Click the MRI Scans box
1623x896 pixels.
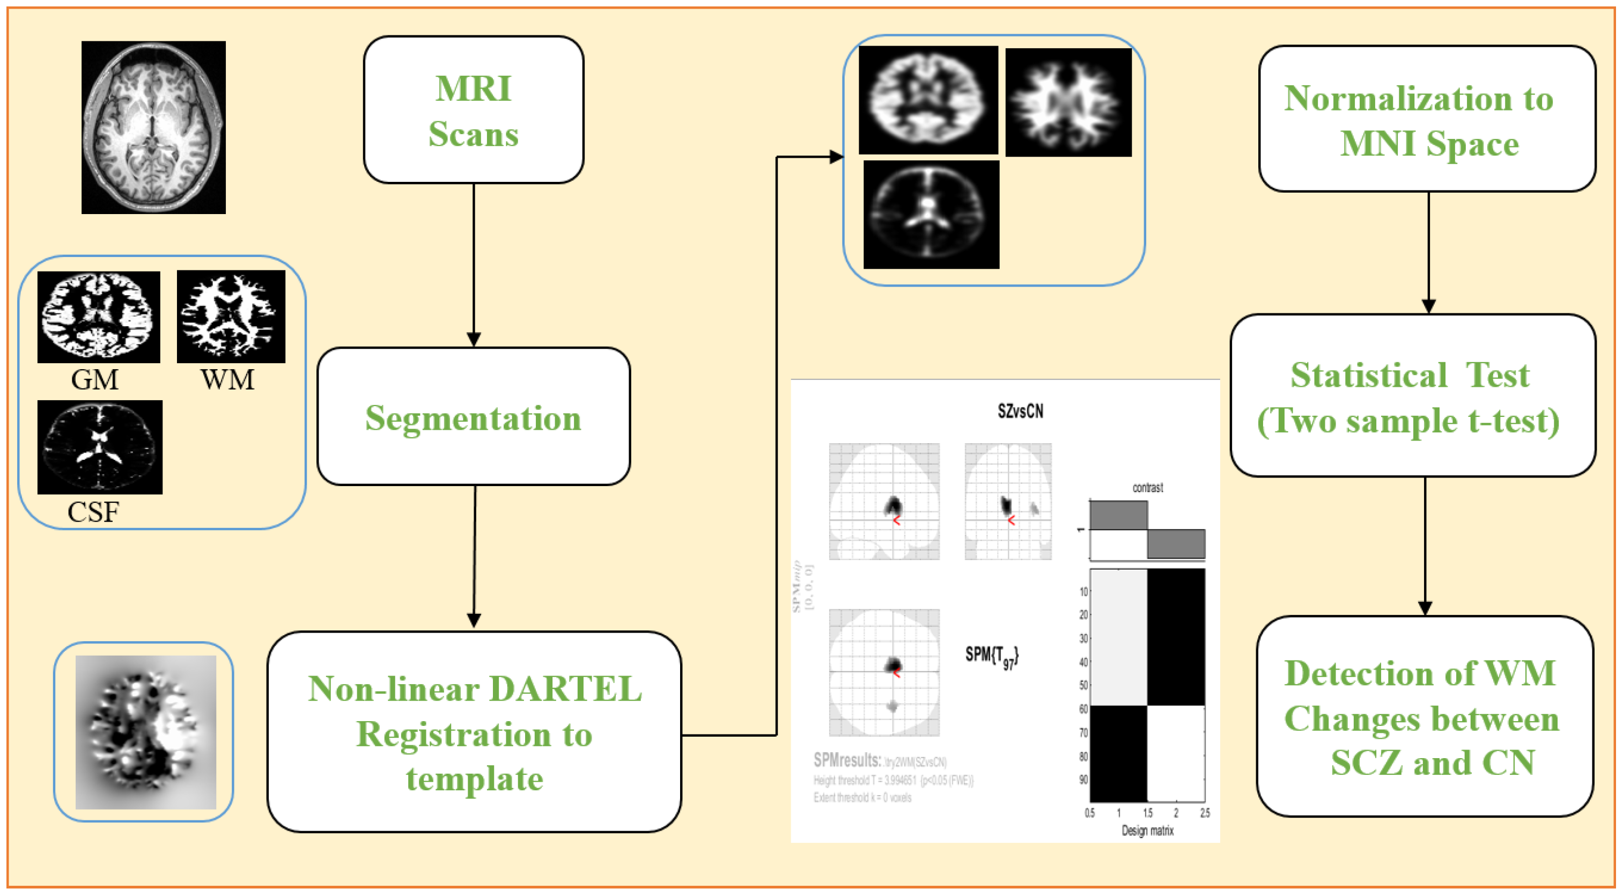[473, 111]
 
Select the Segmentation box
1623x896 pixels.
[473, 417]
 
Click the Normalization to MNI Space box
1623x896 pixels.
[1427, 120]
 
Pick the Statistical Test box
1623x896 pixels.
[1413, 396]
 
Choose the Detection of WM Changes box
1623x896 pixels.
[1425, 716]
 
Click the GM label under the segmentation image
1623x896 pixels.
[94, 380]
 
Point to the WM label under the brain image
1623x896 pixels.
[227, 380]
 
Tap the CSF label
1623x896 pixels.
[93, 512]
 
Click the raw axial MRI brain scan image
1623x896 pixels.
[153, 127]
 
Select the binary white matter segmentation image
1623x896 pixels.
[231, 317]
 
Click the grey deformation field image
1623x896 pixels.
[145, 732]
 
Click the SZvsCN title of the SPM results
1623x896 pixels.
[1020, 412]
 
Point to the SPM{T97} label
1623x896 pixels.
[991, 657]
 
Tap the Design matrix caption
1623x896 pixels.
[1147, 831]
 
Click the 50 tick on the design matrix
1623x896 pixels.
[1083, 685]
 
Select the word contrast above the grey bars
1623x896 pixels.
[1147, 488]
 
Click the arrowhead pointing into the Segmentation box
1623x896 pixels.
[474, 340]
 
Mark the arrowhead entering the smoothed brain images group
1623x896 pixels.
[836, 157]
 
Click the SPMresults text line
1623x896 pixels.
[880, 761]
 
